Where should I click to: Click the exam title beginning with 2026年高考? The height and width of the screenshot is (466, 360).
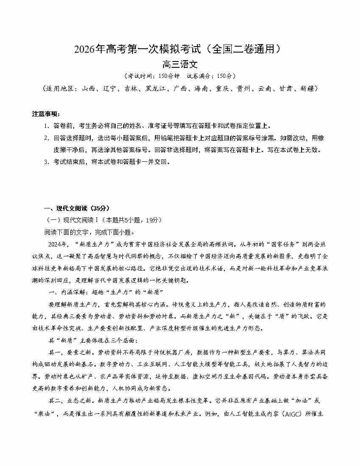click(x=180, y=49)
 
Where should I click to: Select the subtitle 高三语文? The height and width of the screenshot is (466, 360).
click(x=180, y=65)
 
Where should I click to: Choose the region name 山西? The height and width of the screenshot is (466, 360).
click(x=89, y=89)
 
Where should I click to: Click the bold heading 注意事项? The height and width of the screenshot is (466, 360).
click(x=46, y=114)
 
